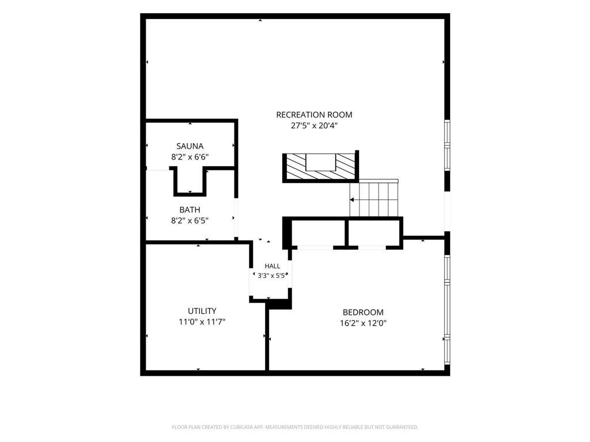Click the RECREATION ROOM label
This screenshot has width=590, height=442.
[x=314, y=115]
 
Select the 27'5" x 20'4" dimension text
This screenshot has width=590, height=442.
[x=314, y=125]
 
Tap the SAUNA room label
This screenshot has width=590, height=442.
[x=190, y=146]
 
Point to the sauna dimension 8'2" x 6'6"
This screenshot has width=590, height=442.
[x=190, y=157]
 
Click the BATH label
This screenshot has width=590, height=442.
[x=190, y=209]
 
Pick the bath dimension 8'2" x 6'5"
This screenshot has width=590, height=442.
[x=190, y=220]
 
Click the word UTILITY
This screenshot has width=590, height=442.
[x=202, y=311]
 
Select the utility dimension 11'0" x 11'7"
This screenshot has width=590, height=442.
[x=202, y=322]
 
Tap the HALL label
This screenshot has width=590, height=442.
[x=272, y=266]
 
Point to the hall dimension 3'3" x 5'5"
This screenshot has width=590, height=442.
[x=273, y=275]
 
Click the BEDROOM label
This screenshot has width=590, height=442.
[x=363, y=312]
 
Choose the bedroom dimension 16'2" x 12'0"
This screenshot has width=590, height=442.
[x=363, y=323]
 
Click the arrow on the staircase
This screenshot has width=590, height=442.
[x=352, y=200]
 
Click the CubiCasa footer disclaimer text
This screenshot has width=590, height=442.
[x=295, y=427]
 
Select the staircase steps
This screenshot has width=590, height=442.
[x=373, y=198]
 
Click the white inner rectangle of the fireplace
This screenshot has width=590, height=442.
[x=320, y=162]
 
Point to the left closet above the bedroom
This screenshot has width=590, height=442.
[x=318, y=233]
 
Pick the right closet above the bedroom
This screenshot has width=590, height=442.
[x=374, y=233]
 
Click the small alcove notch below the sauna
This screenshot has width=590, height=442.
[x=190, y=181]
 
